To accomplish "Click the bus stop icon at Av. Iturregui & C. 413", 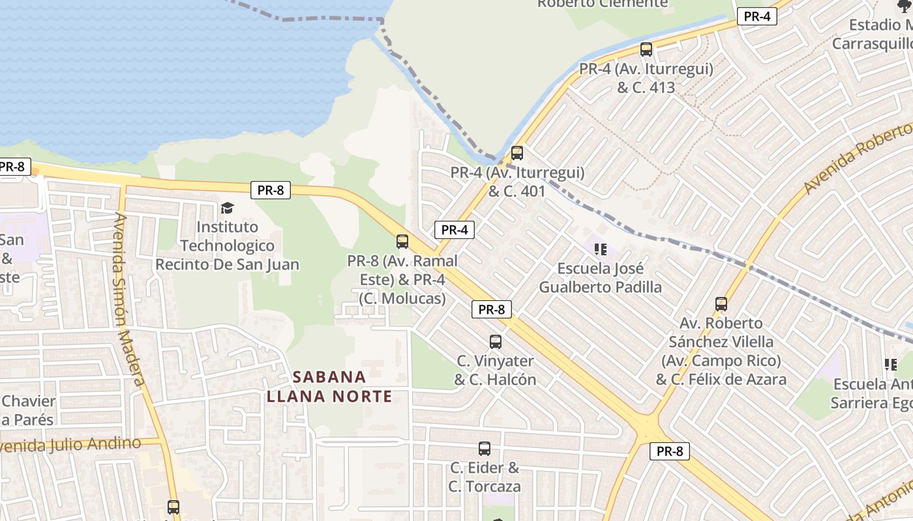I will click(646, 49).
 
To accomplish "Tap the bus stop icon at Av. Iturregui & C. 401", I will click(517, 153).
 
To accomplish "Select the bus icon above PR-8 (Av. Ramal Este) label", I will click(402, 242).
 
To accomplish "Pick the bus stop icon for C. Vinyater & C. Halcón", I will click(496, 342).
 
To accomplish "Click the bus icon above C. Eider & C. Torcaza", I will click(485, 449).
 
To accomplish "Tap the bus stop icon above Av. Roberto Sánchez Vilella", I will click(721, 304).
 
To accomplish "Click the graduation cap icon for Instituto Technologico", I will click(227, 208).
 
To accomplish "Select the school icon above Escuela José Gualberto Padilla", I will click(601, 249).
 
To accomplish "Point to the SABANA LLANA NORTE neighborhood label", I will click(329, 386).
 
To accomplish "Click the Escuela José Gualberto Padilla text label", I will click(601, 278).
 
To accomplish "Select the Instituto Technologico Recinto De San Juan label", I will click(227, 246).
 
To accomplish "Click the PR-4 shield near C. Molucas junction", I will click(455, 230).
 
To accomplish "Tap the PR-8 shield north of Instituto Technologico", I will click(271, 190).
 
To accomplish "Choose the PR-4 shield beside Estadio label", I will click(756, 17).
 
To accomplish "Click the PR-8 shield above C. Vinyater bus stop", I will click(492, 310).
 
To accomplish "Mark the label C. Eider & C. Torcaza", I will click(485, 477).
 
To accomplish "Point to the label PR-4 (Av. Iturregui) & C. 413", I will click(646, 77).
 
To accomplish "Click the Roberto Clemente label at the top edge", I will click(603, 4).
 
